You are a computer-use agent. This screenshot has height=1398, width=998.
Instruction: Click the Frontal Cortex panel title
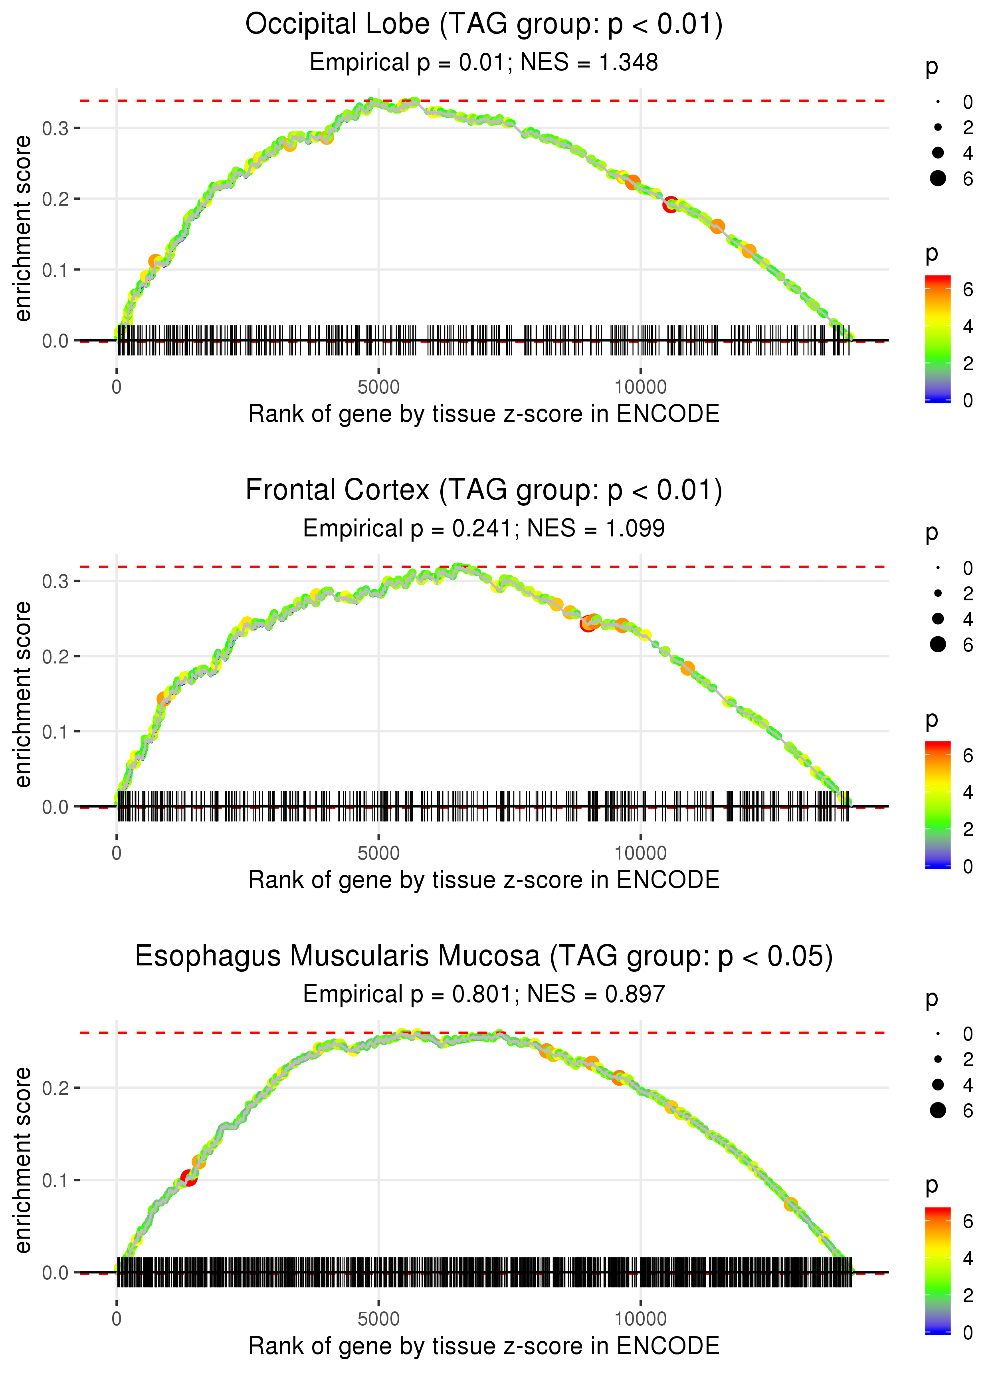484,490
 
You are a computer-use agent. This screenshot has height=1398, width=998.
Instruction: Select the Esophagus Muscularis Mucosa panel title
484,956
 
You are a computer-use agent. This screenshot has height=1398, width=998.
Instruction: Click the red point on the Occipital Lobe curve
670,205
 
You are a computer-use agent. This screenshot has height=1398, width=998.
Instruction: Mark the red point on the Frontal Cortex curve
588,624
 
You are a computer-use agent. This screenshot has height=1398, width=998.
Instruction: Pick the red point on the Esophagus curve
189,1178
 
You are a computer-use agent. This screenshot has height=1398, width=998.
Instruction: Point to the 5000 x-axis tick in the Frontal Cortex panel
378,853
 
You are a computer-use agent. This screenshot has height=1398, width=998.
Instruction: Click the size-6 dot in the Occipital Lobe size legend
938,178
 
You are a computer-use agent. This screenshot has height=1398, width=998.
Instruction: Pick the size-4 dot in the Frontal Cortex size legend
938,618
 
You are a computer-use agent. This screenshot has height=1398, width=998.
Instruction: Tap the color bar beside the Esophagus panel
938,1270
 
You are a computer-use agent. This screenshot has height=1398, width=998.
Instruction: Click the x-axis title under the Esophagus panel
484,1346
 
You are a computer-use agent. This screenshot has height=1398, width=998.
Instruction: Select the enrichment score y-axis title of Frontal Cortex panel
23,694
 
